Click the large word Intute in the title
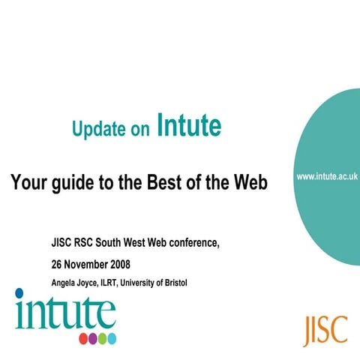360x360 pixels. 189,126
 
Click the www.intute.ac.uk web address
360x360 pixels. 327,176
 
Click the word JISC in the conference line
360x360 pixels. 62,243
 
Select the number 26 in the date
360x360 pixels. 57,265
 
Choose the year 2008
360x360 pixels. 127,265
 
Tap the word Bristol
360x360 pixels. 174,283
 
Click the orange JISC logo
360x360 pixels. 325,329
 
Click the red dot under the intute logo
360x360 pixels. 83,338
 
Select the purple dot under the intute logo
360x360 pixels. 93,338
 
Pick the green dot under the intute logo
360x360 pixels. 102,338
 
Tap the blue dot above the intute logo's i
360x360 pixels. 19,293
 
